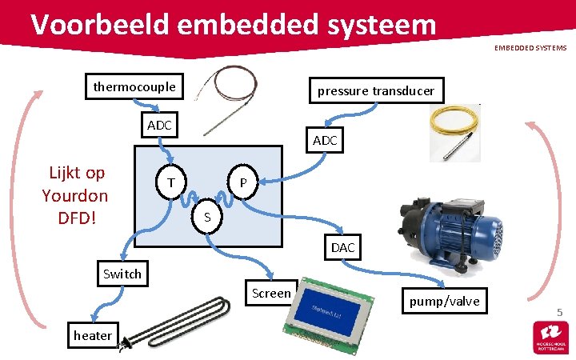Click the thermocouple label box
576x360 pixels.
pos(135,86)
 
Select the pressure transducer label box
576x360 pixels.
pos(375,90)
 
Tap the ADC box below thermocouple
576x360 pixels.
pos(159,126)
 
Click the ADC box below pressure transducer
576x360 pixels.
pos(325,141)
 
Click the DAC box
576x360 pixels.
pos(342,247)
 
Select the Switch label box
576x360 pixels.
pos(122,274)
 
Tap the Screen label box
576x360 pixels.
pos(271,293)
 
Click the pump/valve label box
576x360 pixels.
pos(444,301)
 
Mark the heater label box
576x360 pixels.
pos(92,335)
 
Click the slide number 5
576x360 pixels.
pos(559,311)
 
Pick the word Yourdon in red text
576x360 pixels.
pos(75,195)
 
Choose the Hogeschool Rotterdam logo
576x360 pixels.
pos(550,337)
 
